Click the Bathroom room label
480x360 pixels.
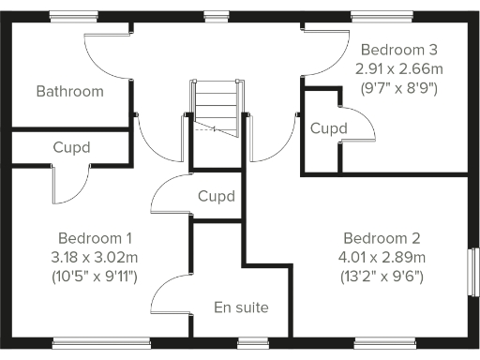click(x=69, y=91)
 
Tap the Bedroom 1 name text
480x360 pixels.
click(x=95, y=237)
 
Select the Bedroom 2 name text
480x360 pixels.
click(x=381, y=237)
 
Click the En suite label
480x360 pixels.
click(x=242, y=307)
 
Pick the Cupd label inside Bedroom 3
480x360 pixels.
click(x=329, y=127)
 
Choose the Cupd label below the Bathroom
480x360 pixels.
click(x=71, y=147)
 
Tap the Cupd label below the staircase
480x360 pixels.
click(x=217, y=196)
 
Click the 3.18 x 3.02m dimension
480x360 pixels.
click(x=95, y=257)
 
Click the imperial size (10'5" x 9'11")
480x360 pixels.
click(x=95, y=277)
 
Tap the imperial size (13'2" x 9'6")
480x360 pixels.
click(x=382, y=277)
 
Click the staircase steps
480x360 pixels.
click(x=217, y=104)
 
